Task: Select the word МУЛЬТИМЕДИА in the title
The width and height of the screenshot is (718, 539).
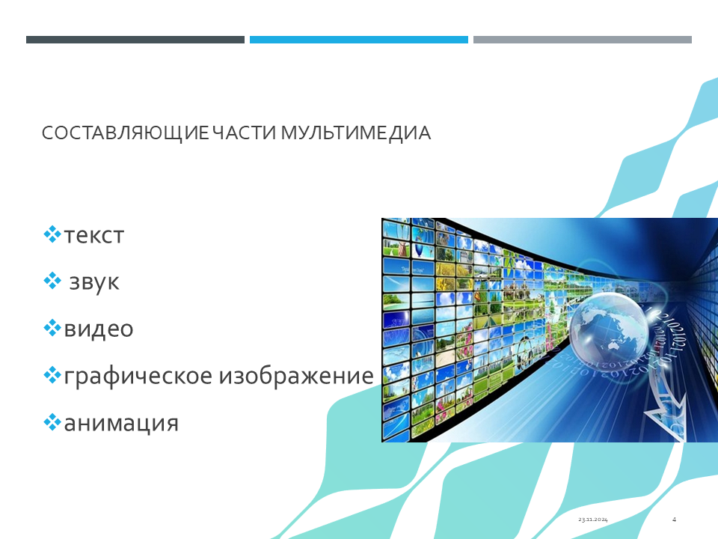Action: (355, 133)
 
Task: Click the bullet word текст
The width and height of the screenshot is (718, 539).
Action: (94, 236)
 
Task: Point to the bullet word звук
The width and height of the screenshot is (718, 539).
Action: (94, 282)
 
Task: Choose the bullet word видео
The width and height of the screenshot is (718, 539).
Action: (99, 329)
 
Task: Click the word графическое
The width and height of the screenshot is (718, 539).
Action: (138, 377)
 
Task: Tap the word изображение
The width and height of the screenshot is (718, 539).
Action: (296, 376)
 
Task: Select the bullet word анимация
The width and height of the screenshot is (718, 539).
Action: (121, 424)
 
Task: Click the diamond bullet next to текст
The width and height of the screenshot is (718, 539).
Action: (52, 234)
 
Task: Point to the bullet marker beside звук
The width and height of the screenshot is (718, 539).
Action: (52, 281)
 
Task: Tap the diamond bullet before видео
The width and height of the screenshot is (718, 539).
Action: (52, 328)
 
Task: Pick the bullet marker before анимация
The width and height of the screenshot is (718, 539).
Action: (52, 422)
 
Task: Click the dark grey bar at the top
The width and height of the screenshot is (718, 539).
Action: (135, 40)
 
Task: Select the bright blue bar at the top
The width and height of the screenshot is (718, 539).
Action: (358, 40)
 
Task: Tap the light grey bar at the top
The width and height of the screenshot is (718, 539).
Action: (583, 40)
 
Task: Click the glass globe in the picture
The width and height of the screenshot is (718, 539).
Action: (609, 328)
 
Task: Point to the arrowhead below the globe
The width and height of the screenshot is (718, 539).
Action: (666, 415)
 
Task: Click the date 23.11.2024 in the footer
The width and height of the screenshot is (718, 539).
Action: (592, 520)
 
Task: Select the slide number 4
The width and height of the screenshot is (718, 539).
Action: (674, 520)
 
